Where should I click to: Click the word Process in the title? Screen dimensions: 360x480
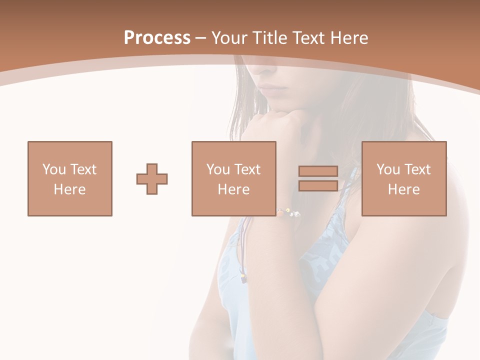click(x=157, y=38)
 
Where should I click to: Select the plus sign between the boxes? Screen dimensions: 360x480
click(x=152, y=178)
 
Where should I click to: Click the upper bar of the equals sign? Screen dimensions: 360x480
click(x=318, y=171)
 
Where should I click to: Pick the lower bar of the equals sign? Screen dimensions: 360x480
click(x=318, y=185)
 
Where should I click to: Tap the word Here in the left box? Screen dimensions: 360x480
click(x=70, y=189)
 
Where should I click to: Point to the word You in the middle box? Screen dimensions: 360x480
click(x=218, y=169)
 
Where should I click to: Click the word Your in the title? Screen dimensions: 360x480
click(x=231, y=38)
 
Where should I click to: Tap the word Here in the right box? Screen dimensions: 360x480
click(x=404, y=189)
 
